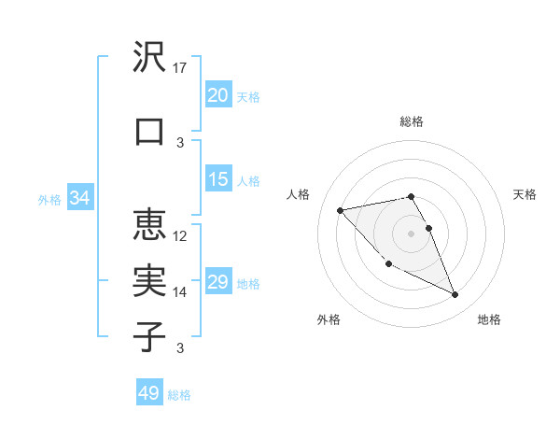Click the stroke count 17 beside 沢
(x=181, y=68)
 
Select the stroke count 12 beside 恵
(x=181, y=235)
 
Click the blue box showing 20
(x=218, y=95)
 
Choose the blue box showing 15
(x=218, y=179)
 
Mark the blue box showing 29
(x=218, y=282)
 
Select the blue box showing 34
(x=80, y=198)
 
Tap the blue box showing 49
(x=149, y=393)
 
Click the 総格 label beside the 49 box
(x=179, y=395)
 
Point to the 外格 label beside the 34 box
(x=49, y=200)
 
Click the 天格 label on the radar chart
(x=525, y=194)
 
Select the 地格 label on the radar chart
(x=489, y=319)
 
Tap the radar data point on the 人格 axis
(x=341, y=210)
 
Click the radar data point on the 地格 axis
(x=455, y=295)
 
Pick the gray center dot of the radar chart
(x=411, y=233)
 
